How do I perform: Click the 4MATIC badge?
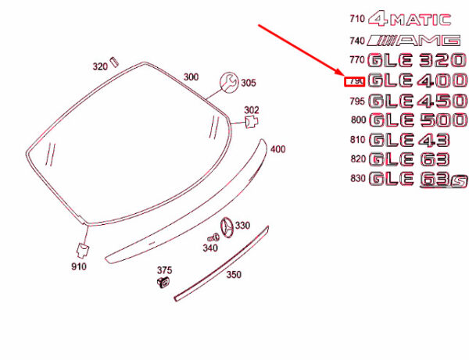point(410,20)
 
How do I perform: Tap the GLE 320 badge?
point(417,60)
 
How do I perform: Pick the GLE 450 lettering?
point(417,101)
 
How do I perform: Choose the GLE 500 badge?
point(418,120)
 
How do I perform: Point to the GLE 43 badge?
point(409,140)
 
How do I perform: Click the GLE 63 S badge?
point(418,180)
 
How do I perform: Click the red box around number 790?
point(354,81)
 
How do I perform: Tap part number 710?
point(357,19)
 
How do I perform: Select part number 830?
point(358,178)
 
